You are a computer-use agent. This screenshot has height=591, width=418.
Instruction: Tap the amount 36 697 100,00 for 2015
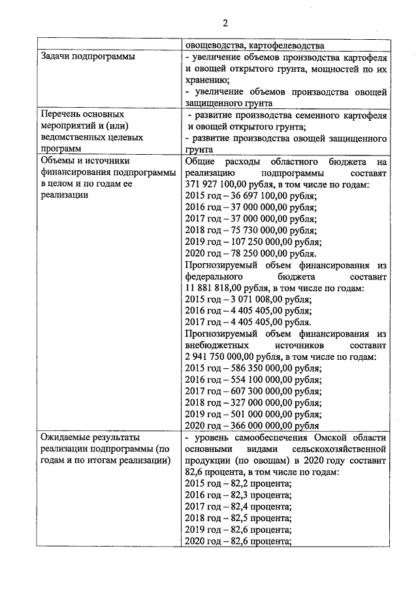(254, 196)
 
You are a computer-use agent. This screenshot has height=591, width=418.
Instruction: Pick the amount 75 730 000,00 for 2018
(254, 231)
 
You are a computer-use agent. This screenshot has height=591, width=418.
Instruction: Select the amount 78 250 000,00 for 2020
(254, 253)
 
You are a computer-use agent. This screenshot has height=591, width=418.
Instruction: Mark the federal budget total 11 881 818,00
(213, 287)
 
